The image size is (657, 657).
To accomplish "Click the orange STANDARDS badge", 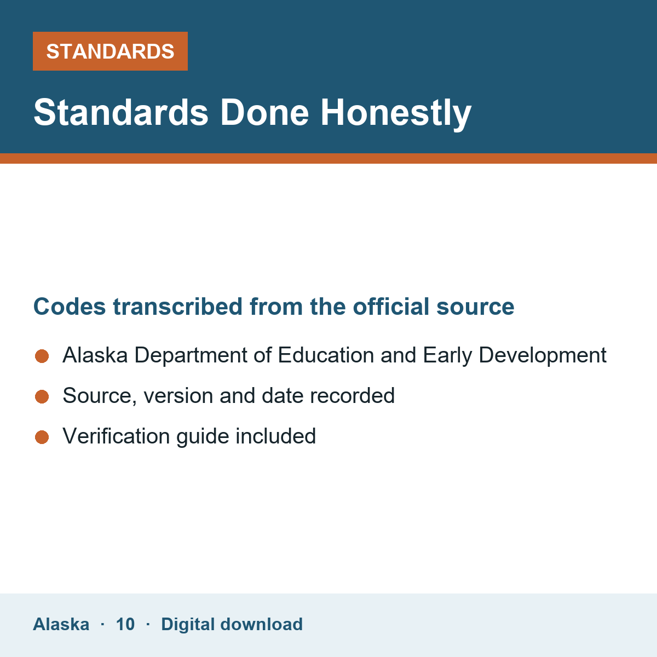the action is pos(110,51).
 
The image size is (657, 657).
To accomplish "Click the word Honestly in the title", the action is pos(396,113).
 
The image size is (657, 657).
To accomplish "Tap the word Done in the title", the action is pos(264,112).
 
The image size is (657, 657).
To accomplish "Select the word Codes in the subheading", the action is pos(70,307).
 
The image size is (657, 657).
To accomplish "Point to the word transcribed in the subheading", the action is pos(177,307).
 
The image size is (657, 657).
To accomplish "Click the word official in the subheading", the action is pos(391,307).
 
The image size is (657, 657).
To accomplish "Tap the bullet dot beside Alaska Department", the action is pos(42,356).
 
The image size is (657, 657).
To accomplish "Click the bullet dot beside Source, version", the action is pos(42,396).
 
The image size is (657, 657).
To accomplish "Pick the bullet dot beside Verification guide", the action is pos(42,437).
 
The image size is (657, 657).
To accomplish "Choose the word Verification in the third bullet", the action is pos(116,436).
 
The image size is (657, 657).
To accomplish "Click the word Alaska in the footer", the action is pos(61,624).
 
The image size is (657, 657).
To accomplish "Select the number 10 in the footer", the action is pos(125,624).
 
